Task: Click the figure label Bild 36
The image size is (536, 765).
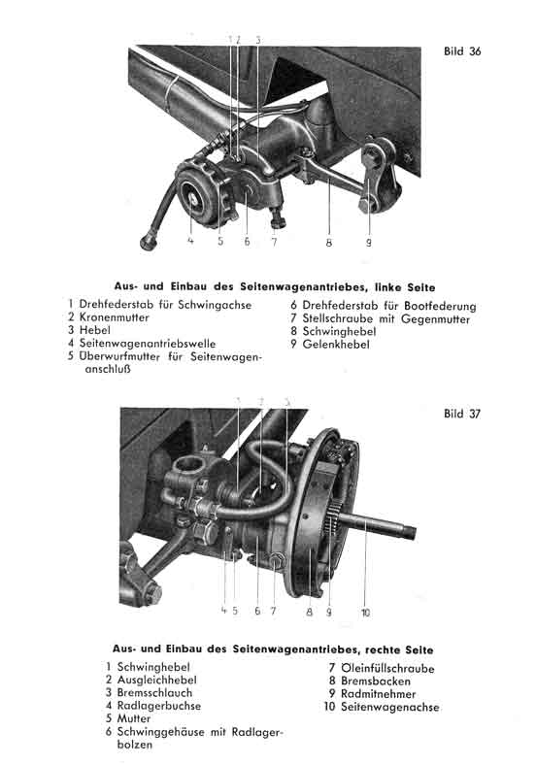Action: point(462,51)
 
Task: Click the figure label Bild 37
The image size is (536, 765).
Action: point(462,414)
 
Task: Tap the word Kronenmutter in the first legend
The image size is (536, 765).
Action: point(115,317)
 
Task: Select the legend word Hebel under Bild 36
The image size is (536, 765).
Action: point(95,330)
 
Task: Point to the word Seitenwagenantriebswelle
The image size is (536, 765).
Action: point(147,344)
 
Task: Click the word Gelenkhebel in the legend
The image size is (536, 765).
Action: point(336,345)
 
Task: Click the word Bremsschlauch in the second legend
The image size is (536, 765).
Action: point(154,693)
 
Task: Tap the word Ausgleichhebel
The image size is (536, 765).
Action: point(156,681)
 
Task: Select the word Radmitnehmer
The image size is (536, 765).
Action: point(379,694)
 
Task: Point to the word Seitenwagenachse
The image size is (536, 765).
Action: point(389,707)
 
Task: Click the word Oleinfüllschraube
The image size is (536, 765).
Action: point(387,668)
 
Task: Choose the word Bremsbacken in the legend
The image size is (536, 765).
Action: point(376,682)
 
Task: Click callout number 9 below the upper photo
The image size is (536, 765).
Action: point(369,242)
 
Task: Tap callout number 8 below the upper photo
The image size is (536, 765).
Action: point(328,242)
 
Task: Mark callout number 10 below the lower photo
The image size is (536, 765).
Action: point(366,613)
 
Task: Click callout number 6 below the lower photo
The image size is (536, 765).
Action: point(257,611)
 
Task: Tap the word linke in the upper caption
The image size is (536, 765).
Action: point(387,288)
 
